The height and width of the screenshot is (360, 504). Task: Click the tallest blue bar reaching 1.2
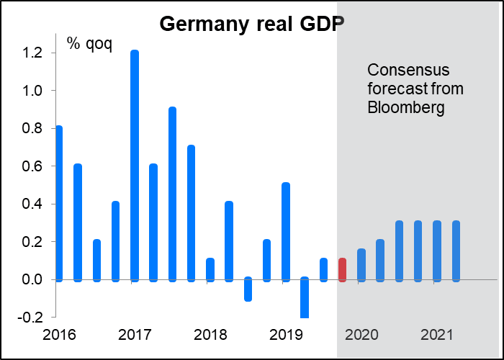135,166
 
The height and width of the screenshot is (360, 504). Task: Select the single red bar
343,269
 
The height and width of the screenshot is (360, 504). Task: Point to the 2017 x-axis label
135,335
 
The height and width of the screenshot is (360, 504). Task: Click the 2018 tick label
210,335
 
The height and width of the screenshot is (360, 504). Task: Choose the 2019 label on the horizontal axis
285,335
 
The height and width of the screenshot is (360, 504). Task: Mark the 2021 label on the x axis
436,335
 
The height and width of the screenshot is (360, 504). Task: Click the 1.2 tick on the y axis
33,53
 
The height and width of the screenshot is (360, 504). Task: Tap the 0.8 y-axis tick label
33,129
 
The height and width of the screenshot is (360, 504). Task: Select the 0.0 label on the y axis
33,279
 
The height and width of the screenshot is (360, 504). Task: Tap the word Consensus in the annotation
408,71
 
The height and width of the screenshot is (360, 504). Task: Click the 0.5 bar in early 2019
286,231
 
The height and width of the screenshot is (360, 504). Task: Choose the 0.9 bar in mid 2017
172,194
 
